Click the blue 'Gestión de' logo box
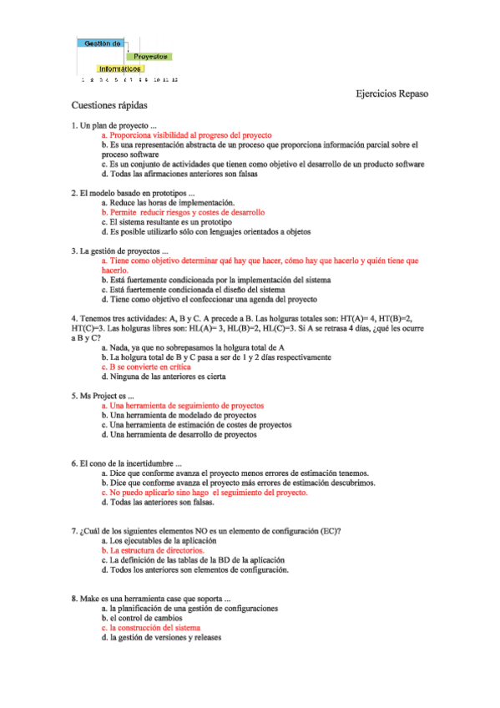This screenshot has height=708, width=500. tap(102, 43)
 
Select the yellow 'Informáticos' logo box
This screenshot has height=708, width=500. tap(120, 68)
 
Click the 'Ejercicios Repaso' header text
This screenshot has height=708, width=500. tap(391, 94)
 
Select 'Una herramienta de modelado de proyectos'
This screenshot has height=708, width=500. tap(184, 415)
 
